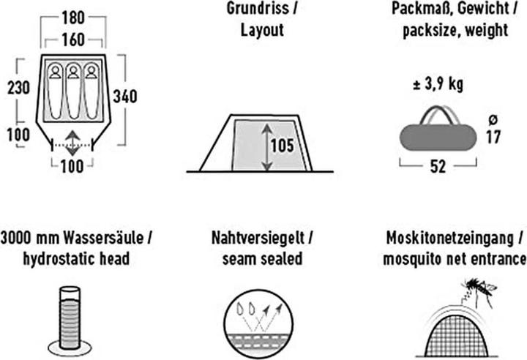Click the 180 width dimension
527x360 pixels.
point(72,15)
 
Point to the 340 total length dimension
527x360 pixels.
point(125,96)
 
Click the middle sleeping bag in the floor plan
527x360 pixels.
point(73,80)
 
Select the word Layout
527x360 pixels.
point(261,31)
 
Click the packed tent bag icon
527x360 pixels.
point(436,134)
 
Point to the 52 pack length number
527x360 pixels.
point(438,167)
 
